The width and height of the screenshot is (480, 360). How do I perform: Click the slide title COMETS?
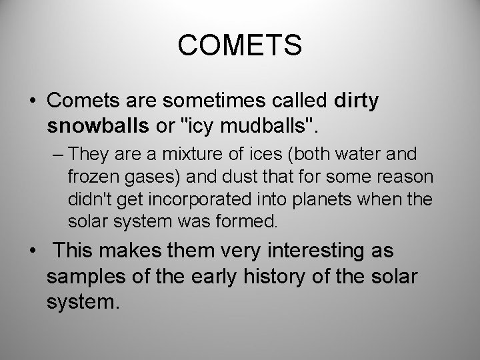click(x=240, y=46)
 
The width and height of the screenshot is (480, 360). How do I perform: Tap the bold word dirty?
click(x=355, y=101)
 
